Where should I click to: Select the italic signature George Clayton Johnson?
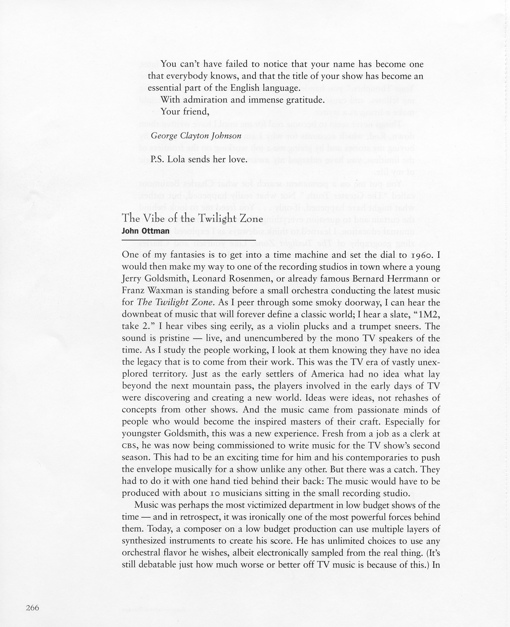196,136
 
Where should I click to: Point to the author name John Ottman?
145,231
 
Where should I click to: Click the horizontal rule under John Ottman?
189,240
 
